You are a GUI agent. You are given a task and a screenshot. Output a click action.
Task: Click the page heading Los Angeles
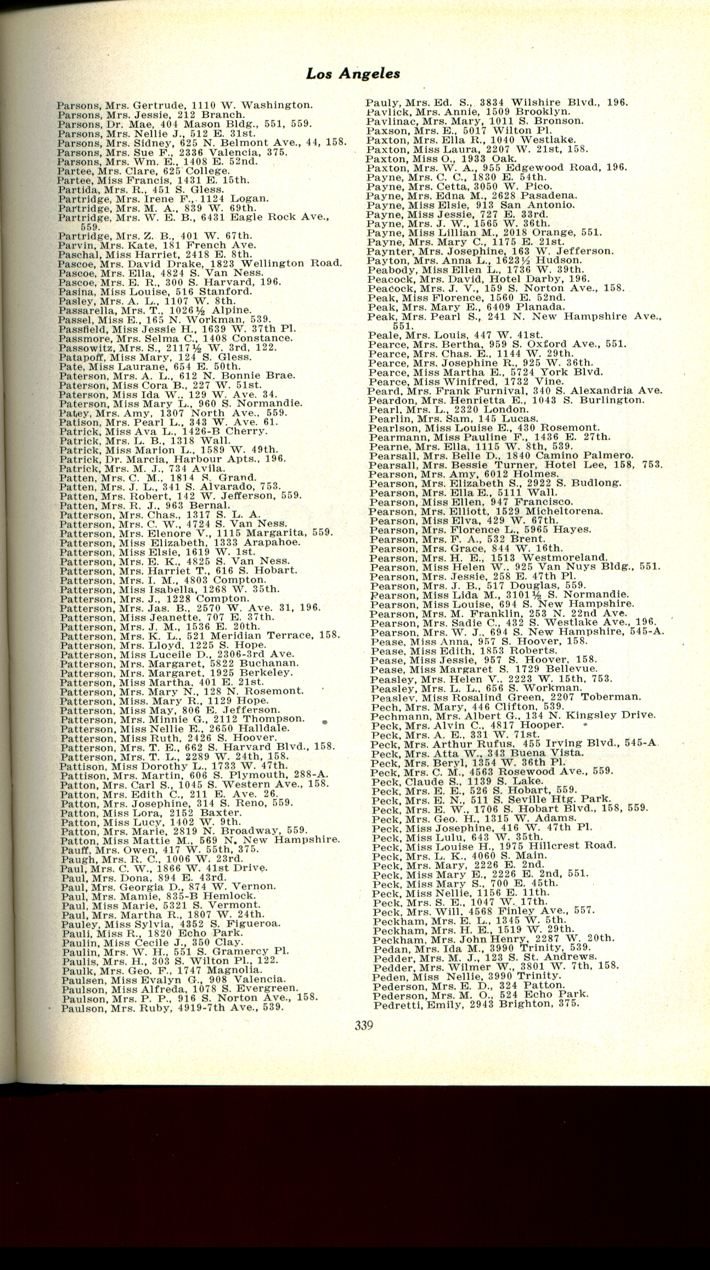353,74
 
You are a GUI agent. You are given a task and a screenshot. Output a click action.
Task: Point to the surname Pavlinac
385,121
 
